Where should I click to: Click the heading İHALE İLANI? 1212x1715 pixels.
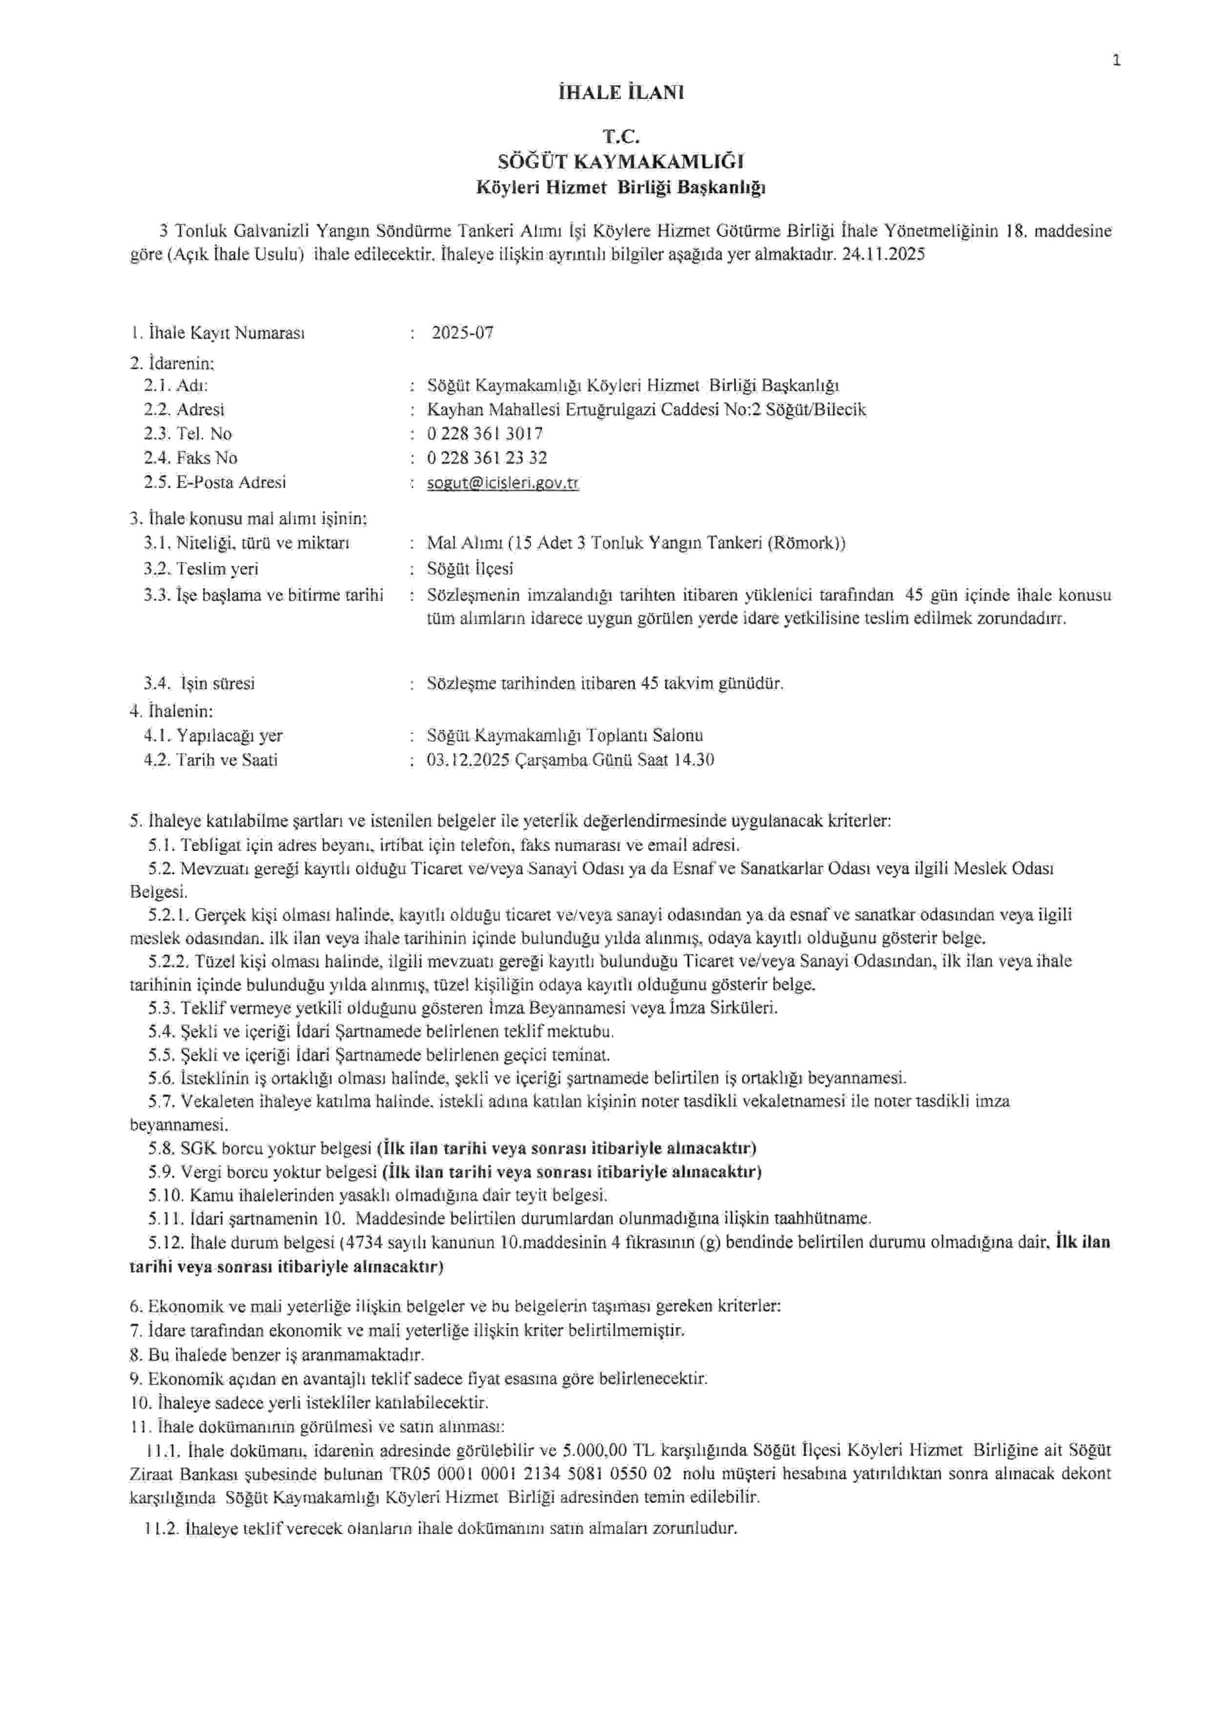[x=620, y=92]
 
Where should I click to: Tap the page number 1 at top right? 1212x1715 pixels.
[x=1116, y=61]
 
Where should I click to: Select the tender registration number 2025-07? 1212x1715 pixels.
[x=463, y=333]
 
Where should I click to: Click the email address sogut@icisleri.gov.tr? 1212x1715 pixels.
[x=503, y=482]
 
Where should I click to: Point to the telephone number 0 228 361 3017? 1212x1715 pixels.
[x=485, y=434]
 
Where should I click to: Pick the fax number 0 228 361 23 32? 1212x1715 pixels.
[x=487, y=458]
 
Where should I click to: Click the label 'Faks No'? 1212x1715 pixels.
[x=207, y=458]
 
